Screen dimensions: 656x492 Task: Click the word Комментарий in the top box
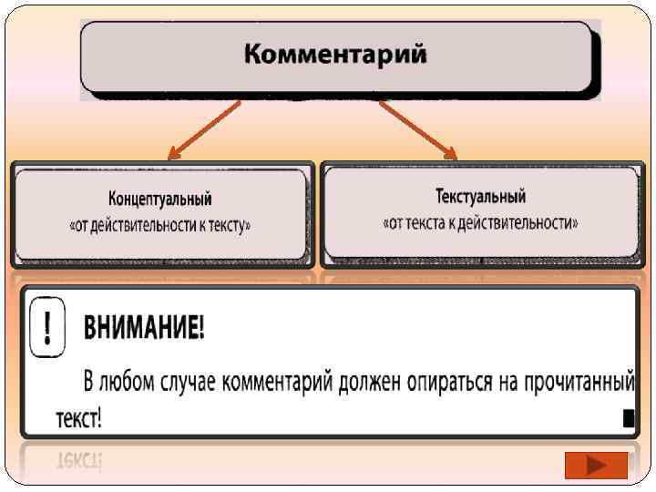point(335,55)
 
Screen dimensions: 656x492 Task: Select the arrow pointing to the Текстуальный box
point(417,128)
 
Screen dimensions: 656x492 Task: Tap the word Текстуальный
point(480,196)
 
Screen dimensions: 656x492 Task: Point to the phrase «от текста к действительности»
point(480,221)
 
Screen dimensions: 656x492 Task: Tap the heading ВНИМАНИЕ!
point(145,329)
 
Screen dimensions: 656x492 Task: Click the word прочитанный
point(578,380)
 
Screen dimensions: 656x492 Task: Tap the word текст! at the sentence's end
point(78,418)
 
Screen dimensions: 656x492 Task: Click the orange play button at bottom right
point(596,466)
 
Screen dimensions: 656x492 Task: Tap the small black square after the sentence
point(628,418)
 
